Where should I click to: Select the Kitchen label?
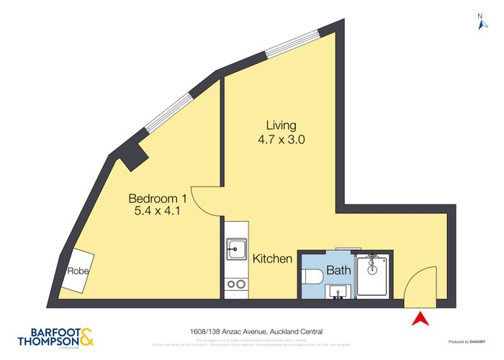[272, 258]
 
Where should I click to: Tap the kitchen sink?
[235, 250]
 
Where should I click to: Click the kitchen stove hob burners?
[235, 284]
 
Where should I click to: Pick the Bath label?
[338, 271]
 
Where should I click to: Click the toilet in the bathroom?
[310, 276]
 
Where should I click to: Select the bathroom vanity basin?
[338, 291]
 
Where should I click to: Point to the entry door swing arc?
[420, 282]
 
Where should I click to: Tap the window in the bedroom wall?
[169, 111]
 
